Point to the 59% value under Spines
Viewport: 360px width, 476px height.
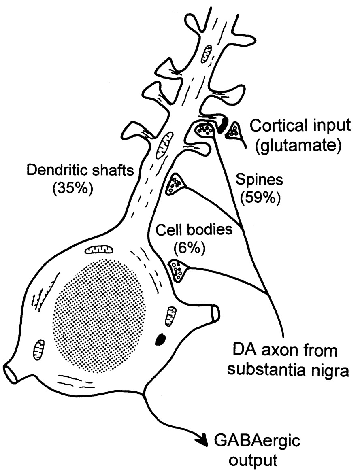pos(260,198)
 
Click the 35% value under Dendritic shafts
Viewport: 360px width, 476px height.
pos(71,189)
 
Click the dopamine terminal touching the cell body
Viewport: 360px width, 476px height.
pos(177,270)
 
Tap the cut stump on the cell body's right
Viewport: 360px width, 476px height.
pos(214,312)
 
